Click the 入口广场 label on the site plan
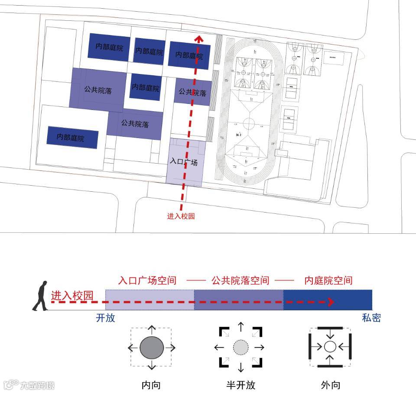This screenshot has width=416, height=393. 185,163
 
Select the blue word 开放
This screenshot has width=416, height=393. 105,318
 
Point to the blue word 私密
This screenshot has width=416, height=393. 371,318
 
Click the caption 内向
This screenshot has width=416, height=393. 151,385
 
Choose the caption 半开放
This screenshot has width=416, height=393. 241,385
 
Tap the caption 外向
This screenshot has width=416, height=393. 330,385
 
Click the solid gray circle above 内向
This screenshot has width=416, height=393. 151,347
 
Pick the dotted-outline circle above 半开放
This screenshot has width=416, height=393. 241,347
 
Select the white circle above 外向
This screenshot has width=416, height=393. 330,347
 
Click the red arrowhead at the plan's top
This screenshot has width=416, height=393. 199,39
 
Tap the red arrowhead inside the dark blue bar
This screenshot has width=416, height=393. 331,301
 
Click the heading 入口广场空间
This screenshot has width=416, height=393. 147,280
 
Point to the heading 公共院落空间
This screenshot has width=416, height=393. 240,280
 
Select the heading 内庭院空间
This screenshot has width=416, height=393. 328,280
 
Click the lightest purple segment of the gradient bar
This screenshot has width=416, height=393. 149,300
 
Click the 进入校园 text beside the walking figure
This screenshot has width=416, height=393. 72,296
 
